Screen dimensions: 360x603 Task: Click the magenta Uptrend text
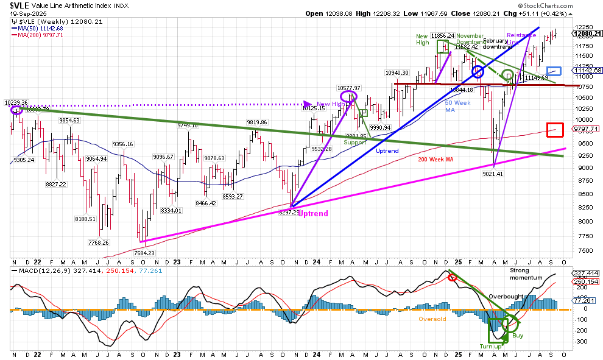click(313, 214)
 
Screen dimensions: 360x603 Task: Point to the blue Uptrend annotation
click(387, 150)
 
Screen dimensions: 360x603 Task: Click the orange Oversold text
click(432, 319)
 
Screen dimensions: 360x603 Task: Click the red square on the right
click(555, 129)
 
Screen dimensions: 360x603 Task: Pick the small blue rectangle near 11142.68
click(554, 71)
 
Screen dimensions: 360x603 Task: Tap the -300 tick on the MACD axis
click(582, 342)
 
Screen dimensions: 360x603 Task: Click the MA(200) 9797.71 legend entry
click(38, 35)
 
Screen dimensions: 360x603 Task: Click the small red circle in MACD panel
click(451, 278)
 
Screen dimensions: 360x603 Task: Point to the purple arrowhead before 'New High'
click(308, 104)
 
